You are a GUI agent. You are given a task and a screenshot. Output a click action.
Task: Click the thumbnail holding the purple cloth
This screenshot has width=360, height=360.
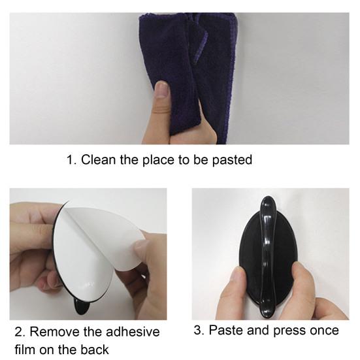coord(162,90)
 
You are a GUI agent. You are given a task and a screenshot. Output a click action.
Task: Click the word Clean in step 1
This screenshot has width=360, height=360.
coord(98,159)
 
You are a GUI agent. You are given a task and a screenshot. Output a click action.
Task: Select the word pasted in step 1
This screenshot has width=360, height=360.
coord(232,160)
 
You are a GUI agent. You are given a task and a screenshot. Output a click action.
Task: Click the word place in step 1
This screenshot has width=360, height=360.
coord(158,160)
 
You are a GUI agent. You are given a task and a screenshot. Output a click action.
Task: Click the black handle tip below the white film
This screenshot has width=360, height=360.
coord(82,307)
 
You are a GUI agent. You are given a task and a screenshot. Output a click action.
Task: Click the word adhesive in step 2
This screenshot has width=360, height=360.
coord(133,332)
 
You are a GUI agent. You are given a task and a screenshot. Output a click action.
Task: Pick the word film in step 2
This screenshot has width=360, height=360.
coord(25,350)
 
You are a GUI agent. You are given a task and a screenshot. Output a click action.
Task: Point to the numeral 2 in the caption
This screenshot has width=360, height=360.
coord(20,332)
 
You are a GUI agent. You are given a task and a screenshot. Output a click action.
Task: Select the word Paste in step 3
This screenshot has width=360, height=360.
coord(226,331)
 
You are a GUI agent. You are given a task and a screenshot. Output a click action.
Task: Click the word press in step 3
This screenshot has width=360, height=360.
coord(290,331)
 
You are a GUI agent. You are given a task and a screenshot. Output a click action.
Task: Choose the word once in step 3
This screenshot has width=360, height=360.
coord(325,331)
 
